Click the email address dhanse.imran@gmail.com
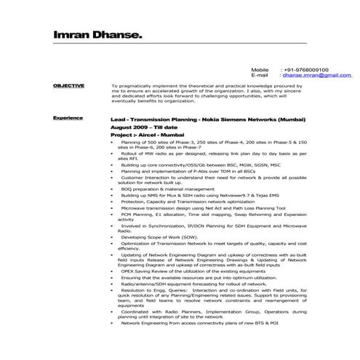(x=316, y=75)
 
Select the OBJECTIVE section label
(x=69, y=86)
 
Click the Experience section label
(x=68, y=117)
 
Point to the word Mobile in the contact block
(x=260, y=69)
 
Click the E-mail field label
(x=260, y=75)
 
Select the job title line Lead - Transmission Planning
(x=208, y=118)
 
